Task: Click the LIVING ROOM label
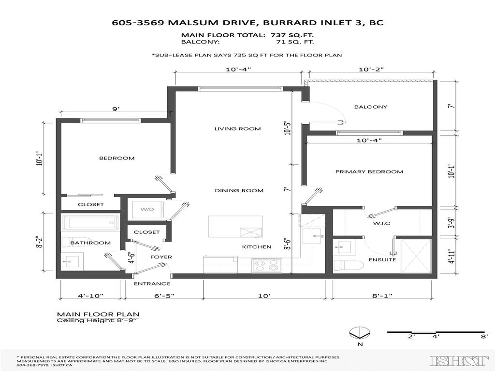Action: point(237,128)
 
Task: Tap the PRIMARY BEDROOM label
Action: point(369,171)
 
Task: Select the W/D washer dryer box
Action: point(147,209)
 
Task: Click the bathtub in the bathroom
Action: point(91,223)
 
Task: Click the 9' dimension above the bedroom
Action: point(116,109)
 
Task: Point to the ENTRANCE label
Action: point(152,284)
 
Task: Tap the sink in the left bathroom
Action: point(72,262)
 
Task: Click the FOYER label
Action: point(160,257)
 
